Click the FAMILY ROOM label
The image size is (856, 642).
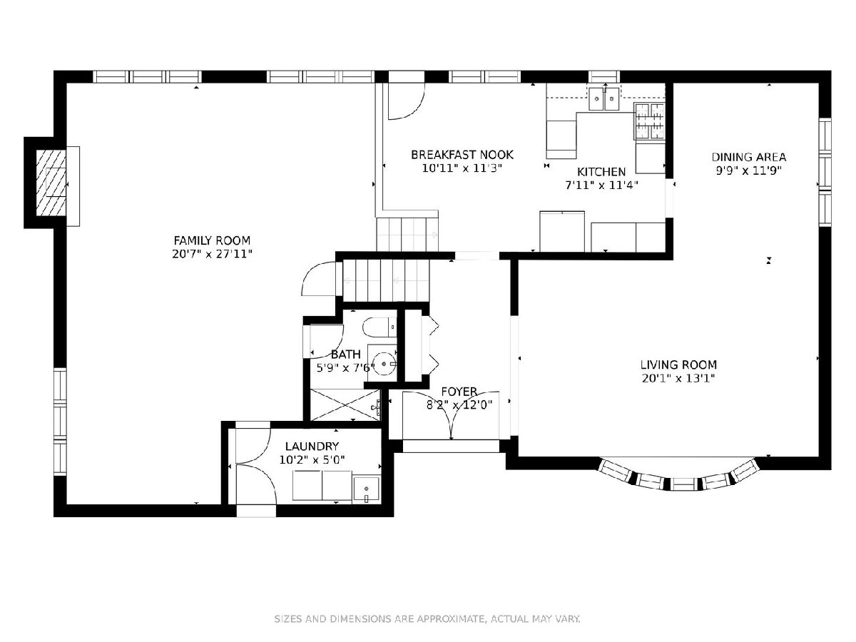(x=212, y=240)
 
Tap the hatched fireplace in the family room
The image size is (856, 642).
(x=51, y=183)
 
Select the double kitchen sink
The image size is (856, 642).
(x=603, y=99)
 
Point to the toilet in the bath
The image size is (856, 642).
(x=379, y=327)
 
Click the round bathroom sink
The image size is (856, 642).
(x=384, y=363)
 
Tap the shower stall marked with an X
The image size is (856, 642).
(x=345, y=404)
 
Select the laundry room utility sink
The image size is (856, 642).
(x=366, y=489)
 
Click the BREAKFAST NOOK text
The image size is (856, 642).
(x=462, y=155)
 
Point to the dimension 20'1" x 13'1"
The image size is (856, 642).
(x=678, y=378)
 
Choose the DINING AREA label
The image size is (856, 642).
(x=749, y=157)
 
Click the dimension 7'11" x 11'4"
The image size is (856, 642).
(x=601, y=185)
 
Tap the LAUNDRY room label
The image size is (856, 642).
(x=312, y=447)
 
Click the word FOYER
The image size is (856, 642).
(x=459, y=392)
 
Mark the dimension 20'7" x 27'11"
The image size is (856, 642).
(x=212, y=254)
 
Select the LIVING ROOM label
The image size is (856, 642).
(x=678, y=365)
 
